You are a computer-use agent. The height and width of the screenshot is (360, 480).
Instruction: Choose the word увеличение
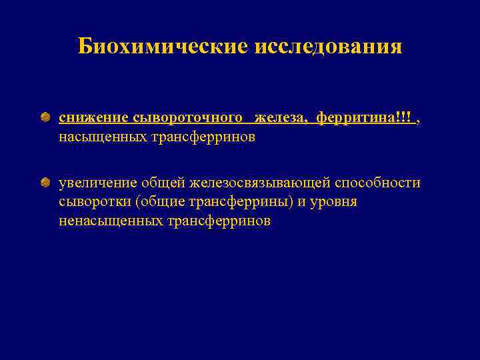pyautogui.click(x=97, y=183)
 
